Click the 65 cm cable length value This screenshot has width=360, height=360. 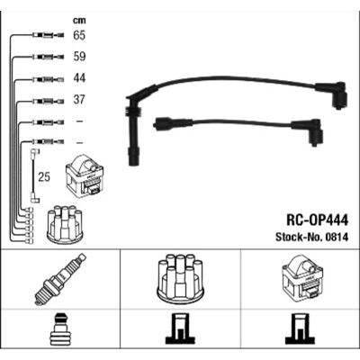click(x=79, y=35)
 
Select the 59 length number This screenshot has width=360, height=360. click(x=79, y=57)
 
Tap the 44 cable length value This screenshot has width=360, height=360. click(x=79, y=78)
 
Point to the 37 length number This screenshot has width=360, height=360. click(x=79, y=99)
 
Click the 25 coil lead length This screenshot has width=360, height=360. click(x=44, y=176)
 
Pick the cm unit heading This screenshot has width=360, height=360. click(x=79, y=21)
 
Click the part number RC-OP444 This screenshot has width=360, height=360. click(x=318, y=220)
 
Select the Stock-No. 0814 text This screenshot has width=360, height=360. click(x=312, y=238)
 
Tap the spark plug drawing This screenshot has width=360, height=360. click(x=60, y=279)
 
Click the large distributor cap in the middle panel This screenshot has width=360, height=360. click(x=180, y=279)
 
